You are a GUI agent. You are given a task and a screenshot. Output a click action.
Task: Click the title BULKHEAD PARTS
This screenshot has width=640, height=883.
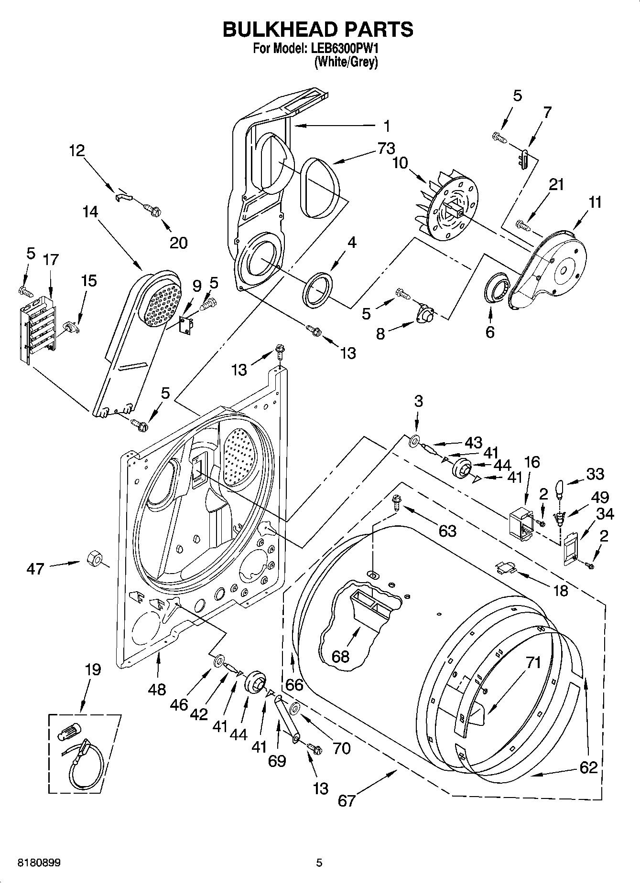(318, 30)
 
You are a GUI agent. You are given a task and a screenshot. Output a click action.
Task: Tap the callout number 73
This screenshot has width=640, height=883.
(386, 149)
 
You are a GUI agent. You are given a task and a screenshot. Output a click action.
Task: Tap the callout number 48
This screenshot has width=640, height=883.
(157, 689)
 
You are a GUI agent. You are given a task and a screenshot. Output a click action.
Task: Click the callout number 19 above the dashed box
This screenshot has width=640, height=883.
(93, 670)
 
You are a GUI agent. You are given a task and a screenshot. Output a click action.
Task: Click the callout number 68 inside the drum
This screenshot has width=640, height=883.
(341, 656)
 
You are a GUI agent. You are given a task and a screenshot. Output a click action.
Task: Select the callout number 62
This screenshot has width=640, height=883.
(588, 767)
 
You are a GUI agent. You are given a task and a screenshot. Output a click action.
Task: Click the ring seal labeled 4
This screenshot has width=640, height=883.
(316, 288)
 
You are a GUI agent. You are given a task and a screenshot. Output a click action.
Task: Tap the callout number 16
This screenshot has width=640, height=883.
(532, 462)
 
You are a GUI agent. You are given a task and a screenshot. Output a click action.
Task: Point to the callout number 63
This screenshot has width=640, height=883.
(447, 530)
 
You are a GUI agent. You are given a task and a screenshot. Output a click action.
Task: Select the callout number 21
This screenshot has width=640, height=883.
(556, 184)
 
